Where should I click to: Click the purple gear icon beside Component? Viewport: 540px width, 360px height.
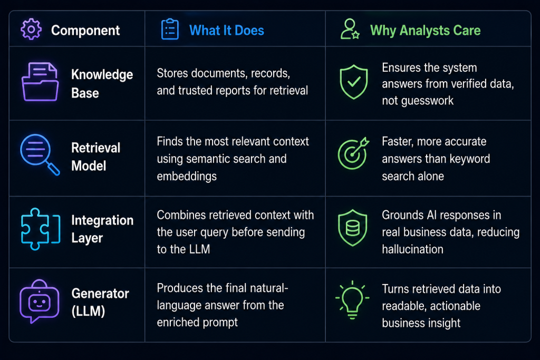pyautogui.click(x=31, y=30)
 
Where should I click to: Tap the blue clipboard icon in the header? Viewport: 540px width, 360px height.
pyautogui.click(x=170, y=30)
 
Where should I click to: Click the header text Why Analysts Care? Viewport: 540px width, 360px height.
pyautogui.click(x=426, y=30)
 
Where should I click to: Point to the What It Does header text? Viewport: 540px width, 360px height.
pyautogui.click(x=227, y=30)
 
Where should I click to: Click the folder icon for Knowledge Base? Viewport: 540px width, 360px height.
pyautogui.click(x=40, y=82)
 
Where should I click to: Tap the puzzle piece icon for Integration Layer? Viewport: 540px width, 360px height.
pyautogui.click(x=41, y=229)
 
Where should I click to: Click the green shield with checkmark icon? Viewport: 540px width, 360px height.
pyautogui.click(x=354, y=82)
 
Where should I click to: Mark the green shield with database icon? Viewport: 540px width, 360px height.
pyautogui.click(x=353, y=228)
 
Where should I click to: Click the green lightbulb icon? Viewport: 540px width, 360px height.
pyautogui.click(x=352, y=300)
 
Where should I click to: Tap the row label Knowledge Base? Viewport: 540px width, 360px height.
pyautogui.click(x=102, y=84)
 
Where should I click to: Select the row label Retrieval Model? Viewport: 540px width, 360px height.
pyautogui.click(x=96, y=157)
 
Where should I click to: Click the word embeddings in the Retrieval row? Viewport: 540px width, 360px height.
pyautogui.click(x=187, y=176)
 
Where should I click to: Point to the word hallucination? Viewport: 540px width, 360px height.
pyautogui.click(x=412, y=249)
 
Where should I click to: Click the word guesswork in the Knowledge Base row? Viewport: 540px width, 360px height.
pyautogui.click(x=418, y=101)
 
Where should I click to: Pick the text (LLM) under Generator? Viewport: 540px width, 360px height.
pyautogui.click(x=88, y=311)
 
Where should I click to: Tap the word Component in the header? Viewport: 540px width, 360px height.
pyautogui.click(x=85, y=31)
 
